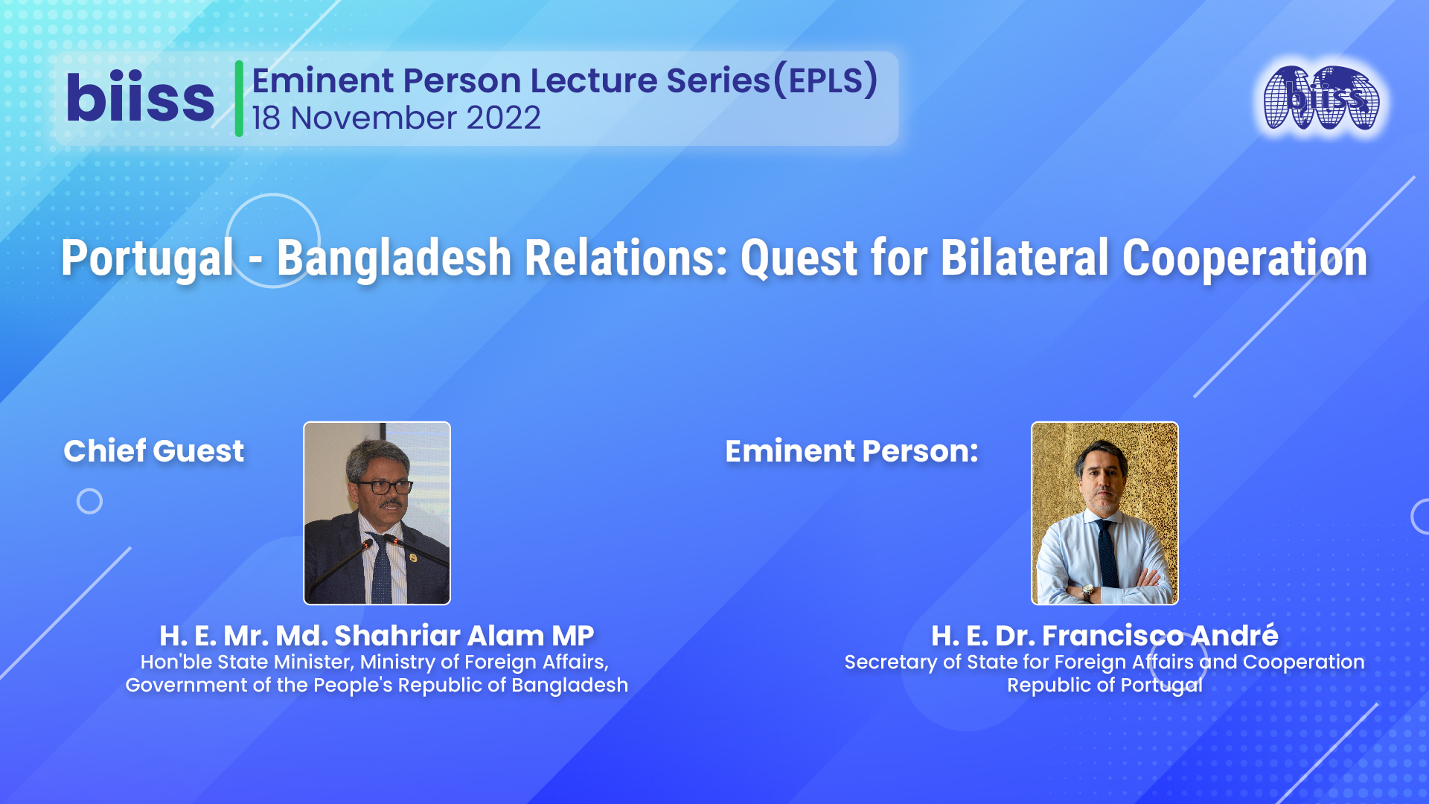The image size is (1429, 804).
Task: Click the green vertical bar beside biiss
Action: pyautogui.click(x=239, y=98)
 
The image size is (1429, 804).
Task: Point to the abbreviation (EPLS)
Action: pyautogui.click(x=826, y=80)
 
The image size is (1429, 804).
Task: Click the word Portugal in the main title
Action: pyautogui.click(x=147, y=258)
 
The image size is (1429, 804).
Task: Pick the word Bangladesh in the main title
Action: pyautogui.click(x=394, y=258)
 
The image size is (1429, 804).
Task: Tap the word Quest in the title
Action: pyautogui.click(x=799, y=258)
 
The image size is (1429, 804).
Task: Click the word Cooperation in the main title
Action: pyautogui.click(x=1244, y=258)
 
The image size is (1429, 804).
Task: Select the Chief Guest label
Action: pyautogui.click(x=154, y=451)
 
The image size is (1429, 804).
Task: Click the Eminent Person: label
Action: pyautogui.click(x=851, y=451)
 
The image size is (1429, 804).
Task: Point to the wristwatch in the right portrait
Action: pyautogui.click(x=1088, y=592)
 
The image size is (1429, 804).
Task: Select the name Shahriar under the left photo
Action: pyautogui.click(x=397, y=636)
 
